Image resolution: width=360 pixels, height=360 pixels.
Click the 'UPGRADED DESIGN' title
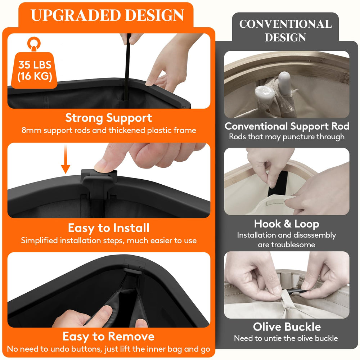click(107, 15)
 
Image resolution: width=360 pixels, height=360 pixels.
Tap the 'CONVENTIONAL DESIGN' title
click(285, 31)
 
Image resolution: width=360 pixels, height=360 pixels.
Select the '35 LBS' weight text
click(35, 65)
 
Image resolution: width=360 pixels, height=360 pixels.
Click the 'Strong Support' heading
click(109, 118)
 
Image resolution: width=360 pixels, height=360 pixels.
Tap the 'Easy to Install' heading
click(109, 228)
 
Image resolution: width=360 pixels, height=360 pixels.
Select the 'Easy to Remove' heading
click(109, 337)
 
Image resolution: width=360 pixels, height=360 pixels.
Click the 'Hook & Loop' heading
click(287, 224)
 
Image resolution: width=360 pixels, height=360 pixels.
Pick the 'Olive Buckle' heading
click(287, 327)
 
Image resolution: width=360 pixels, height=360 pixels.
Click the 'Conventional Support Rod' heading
click(287, 126)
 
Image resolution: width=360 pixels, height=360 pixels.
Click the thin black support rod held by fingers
click(127, 69)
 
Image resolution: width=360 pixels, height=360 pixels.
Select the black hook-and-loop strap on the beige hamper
click(275, 184)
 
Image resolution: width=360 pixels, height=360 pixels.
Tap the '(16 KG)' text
click(35, 76)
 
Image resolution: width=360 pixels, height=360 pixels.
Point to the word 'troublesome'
click(286, 244)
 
